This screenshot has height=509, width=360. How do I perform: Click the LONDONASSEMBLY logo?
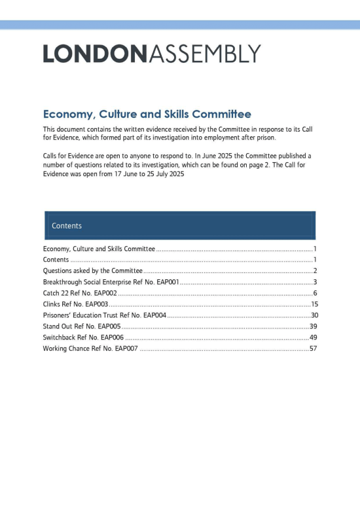pos(152,54)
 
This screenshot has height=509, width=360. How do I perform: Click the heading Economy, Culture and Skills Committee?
pos(147,114)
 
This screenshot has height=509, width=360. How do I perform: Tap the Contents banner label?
pos(67,226)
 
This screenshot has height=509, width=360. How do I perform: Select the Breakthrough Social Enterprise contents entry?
pos(111,282)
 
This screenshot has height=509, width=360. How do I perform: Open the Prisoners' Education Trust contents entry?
pos(105,315)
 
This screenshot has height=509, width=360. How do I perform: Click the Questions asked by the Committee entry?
pos(93,271)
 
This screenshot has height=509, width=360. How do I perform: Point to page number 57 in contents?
pos(313,349)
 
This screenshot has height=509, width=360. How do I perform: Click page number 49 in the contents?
pos(313,338)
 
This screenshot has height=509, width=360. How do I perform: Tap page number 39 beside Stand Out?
pos(313,326)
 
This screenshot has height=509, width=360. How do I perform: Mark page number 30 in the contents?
pos(314,315)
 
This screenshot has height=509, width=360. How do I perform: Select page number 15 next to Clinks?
pos(314,304)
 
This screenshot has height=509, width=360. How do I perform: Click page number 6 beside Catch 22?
pos(315,293)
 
